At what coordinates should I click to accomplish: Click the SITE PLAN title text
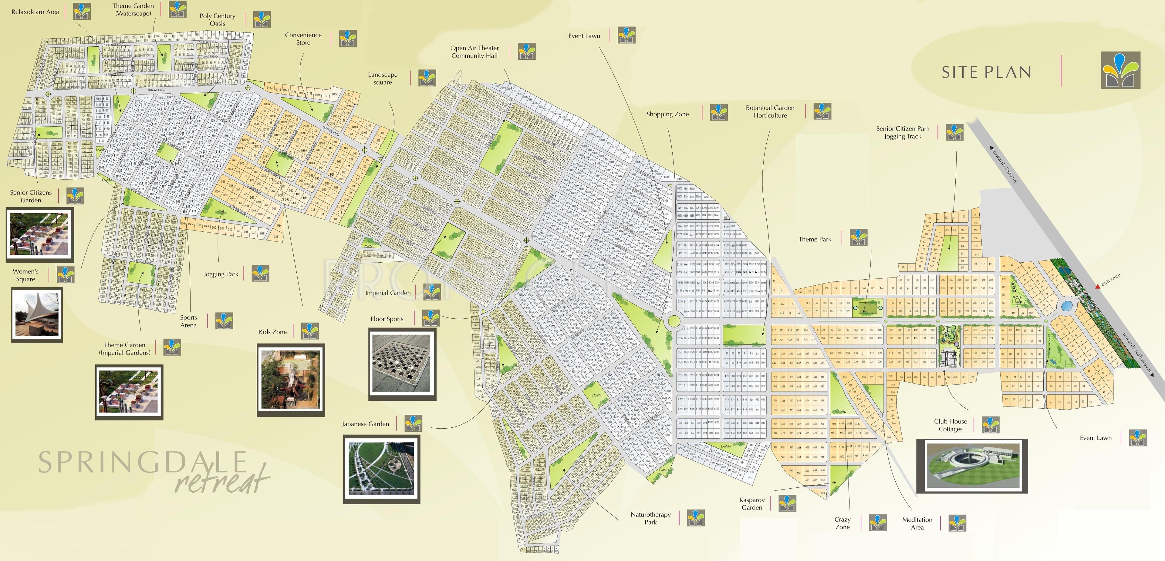coord(986,72)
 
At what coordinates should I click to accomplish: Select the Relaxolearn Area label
coord(35,12)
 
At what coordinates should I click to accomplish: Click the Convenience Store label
coord(303,39)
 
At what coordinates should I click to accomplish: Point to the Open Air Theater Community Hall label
coord(474,52)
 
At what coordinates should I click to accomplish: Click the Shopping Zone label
coord(667,114)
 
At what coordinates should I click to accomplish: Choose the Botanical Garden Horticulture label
coord(770,111)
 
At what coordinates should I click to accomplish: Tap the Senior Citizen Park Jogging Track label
coord(902,132)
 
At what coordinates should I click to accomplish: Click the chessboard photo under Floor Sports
coord(402,364)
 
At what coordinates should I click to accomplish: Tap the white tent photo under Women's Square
coord(37,314)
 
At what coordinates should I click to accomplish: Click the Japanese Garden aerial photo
coord(382,469)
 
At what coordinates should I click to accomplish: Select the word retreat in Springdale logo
coord(221,479)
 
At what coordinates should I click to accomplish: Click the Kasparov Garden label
coord(752,504)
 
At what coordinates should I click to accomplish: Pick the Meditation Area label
coord(917,523)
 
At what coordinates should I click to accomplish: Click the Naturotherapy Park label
coord(650,518)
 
